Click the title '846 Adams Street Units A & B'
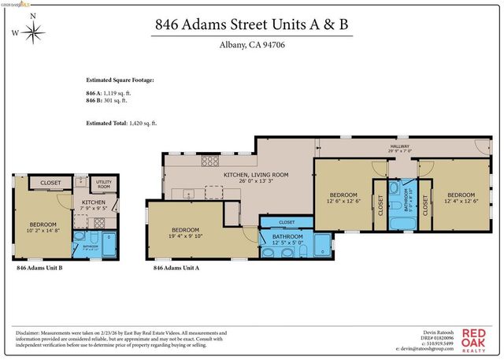point(251,24)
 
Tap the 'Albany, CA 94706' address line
point(251,45)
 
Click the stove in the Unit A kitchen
point(209,161)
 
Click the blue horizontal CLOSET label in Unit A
point(287,222)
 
